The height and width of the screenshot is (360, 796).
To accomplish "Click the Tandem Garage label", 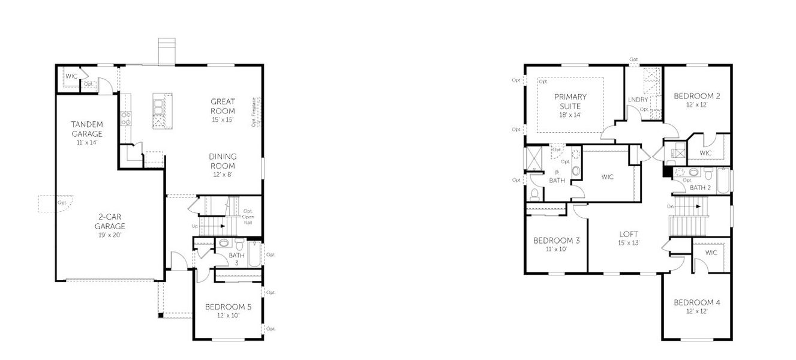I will (87, 129).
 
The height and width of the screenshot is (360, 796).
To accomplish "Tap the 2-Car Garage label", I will (110, 222).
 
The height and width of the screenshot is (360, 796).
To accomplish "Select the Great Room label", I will (223, 106).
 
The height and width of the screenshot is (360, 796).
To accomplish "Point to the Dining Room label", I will (222, 161).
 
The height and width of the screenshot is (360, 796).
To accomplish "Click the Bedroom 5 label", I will (228, 307).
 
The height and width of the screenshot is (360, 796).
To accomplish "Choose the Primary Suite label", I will (570, 101).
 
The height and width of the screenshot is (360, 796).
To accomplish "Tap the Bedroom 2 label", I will (696, 96).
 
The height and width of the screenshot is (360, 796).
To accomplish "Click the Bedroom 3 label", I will (556, 241).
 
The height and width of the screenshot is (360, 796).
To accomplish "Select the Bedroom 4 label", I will (696, 302).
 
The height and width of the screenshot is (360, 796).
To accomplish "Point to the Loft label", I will (629, 234).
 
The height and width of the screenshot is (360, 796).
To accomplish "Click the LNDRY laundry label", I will (638, 100).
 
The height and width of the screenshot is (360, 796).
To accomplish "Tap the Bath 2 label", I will (699, 188).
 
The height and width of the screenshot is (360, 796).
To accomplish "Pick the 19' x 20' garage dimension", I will (110, 236).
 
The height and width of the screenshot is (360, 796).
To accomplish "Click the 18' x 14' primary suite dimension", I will (570, 114).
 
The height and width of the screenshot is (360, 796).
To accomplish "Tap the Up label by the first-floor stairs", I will (194, 226).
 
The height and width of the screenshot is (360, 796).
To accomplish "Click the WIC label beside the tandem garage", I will (71, 76).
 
